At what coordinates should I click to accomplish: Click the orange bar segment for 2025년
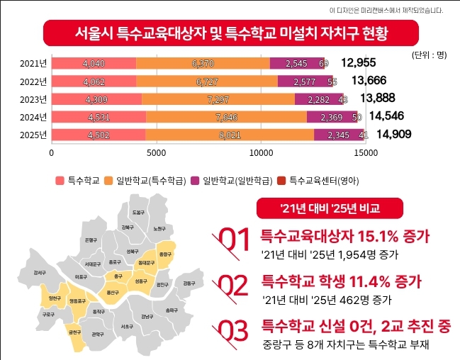click(x=230, y=135)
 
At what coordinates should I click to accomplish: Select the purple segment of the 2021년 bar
click(x=297, y=64)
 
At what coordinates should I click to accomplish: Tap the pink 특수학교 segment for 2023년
click(x=97, y=99)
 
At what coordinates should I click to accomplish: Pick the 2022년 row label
click(x=33, y=81)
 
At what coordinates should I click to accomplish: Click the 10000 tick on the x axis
click(x=261, y=152)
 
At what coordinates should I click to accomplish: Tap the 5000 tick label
click(x=156, y=152)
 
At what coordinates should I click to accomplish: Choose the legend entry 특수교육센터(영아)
click(x=318, y=181)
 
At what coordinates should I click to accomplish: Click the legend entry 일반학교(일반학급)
click(x=232, y=181)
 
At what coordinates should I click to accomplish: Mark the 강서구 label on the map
click(x=40, y=272)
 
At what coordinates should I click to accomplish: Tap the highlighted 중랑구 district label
click(x=165, y=254)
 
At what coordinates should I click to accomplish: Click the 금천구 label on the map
click(x=74, y=331)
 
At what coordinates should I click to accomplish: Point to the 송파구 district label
click(x=171, y=310)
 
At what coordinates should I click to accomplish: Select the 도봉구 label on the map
click(x=138, y=213)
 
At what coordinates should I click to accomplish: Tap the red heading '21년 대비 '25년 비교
click(x=330, y=208)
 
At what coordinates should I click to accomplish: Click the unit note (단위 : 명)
click(x=428, y=53)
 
